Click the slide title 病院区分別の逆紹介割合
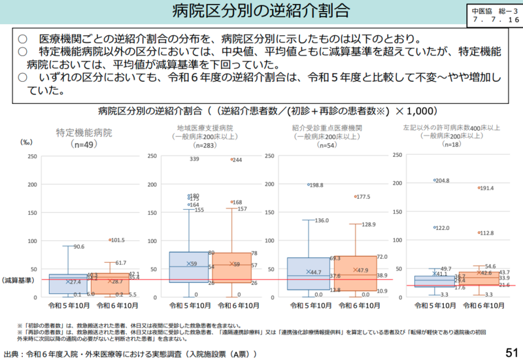(x=261, y=11)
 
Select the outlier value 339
(x=195, y=159)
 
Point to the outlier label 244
(x=237, y=159)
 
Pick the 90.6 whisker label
(x=78, y=246)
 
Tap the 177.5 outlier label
(x=362, y=196)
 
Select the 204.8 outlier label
(x=442, y=180)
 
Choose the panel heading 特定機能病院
(x=84, y=132)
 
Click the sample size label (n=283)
(x=205, y=145)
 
